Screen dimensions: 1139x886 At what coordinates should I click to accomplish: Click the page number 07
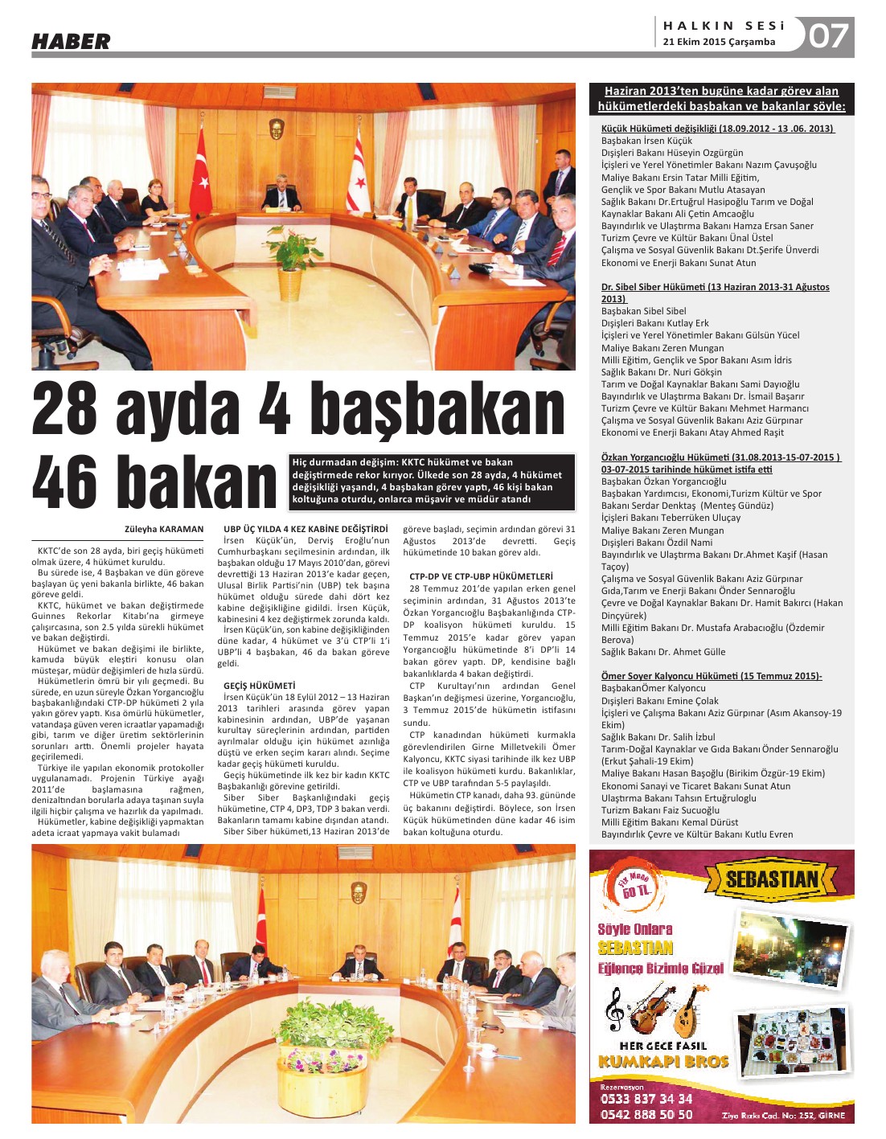click(828, 36)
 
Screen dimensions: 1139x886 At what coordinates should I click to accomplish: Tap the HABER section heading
click(71, 42)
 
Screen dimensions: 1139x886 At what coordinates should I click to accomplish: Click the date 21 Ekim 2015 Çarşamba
click(719, 42)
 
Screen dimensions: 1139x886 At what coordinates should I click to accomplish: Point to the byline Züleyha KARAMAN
click(164, 529)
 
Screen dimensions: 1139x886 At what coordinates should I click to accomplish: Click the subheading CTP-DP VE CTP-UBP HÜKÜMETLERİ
click(481, 576)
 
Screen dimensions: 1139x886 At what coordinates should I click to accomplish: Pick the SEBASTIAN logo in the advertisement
click(770, 879)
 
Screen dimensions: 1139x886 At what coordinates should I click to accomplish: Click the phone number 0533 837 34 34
click(646, 1099)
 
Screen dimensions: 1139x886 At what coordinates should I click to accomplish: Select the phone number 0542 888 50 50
click(646, 1115)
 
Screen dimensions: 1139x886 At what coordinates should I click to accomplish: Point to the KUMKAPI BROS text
click(663, 1062)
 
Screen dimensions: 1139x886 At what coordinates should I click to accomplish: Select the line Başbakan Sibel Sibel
click(643, 311)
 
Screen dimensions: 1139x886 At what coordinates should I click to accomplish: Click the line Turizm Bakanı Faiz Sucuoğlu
click(660, 810)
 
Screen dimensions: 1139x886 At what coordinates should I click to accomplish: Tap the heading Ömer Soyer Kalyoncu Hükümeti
click(711, 676)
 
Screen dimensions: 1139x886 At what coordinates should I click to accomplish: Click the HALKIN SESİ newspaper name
click(724, 26)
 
